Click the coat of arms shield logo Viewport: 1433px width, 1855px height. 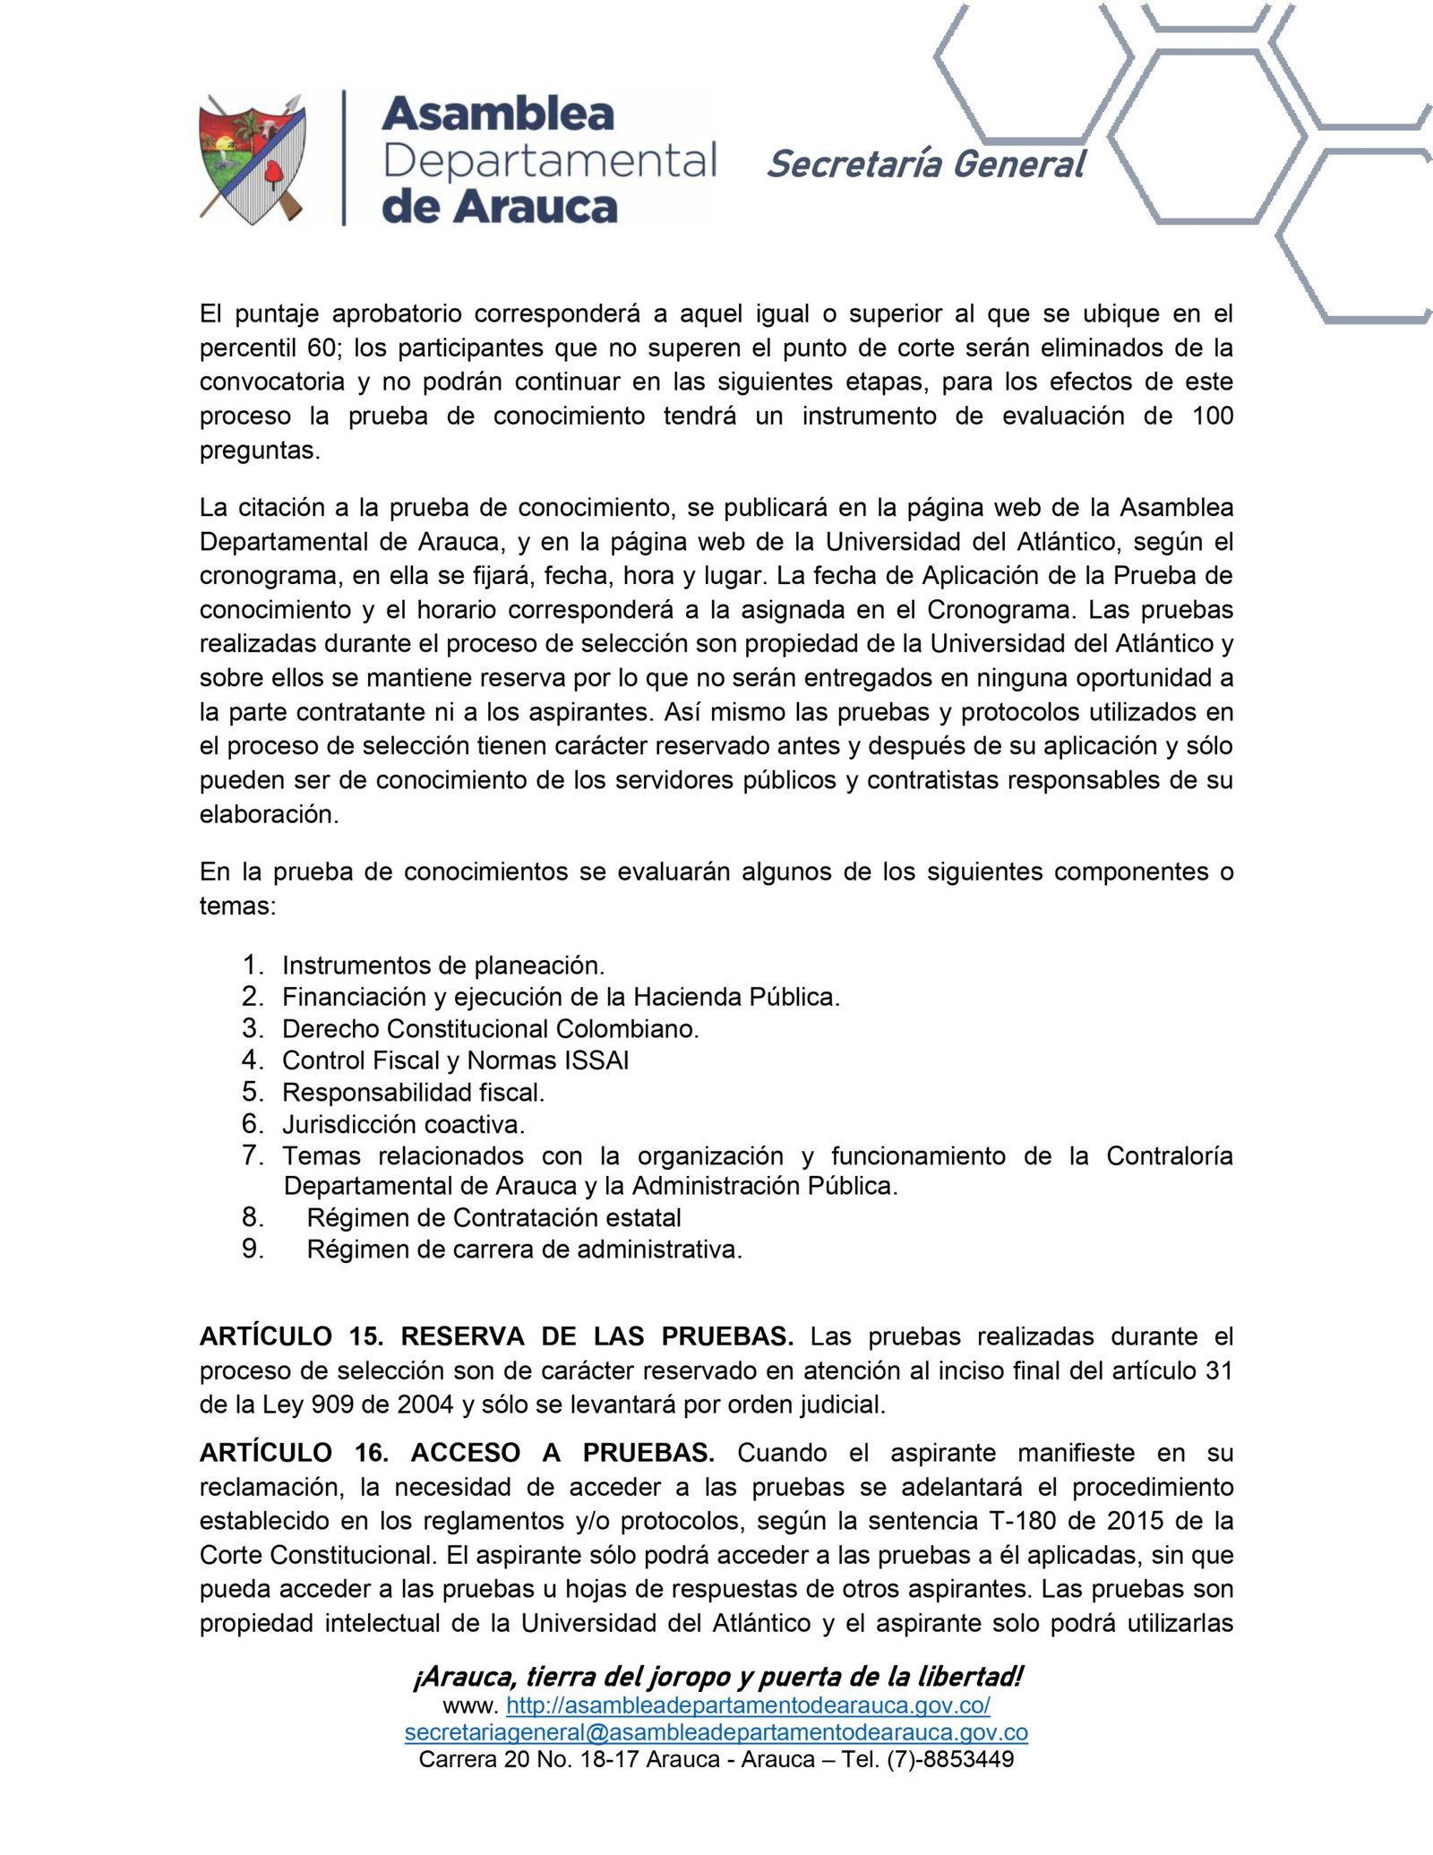click(x=253, y=159)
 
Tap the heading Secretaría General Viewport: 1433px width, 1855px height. click(x=925, y=165)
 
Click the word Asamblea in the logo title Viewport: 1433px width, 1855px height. click(x=498, y=115)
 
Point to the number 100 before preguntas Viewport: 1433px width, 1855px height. click(x=1213, y=416)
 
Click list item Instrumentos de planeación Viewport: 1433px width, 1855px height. click(x=443, y=966)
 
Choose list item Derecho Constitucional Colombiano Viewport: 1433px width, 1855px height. click(x=490, y=1029)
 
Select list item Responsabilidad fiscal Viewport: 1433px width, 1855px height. click(x=413, y=1093)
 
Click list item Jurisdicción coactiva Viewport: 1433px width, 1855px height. click(x=403, y=1124)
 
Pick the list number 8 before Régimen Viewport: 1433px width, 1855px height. click(x=252, y=1217)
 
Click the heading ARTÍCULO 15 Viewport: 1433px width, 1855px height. click(x=291, y=1337)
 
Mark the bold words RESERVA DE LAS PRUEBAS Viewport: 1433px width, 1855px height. click(x=596, y=1337)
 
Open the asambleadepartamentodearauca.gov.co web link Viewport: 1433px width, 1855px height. click(x=748, y=1705)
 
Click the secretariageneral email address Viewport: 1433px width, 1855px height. click(x=716, y=1732)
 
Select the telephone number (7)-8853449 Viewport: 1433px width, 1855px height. click(x=950, y=1759)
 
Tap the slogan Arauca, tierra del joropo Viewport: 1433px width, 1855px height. click(x=716, y=1676)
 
